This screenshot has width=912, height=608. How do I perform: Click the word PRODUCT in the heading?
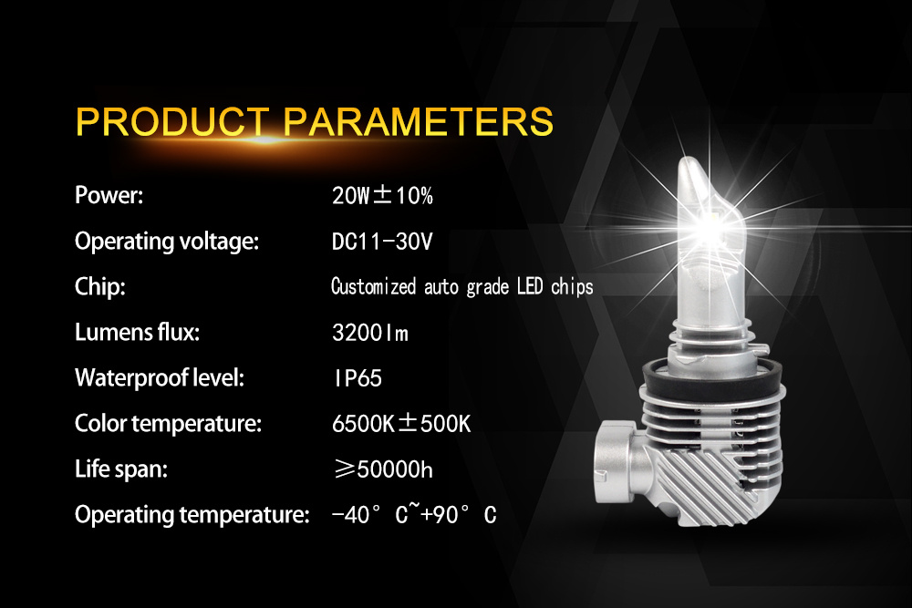coord(172,121)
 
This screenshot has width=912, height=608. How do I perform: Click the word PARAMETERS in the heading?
coord(419,121)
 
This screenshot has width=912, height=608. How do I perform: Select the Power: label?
coord(109,195)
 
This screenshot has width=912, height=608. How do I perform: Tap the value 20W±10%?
coord(382,195)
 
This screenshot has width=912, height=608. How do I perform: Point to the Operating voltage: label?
coord(167,242)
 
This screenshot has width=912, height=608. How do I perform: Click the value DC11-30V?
coord(382,242)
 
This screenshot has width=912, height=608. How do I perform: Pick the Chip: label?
coord(100,286)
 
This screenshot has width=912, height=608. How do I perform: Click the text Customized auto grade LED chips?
coord(461,286)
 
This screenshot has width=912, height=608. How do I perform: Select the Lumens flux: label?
coord(138,332)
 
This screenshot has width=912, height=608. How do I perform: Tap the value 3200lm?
coord(370,333)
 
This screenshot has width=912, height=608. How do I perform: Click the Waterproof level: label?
coord(160,377)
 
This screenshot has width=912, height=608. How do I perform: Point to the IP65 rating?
coord(358,377)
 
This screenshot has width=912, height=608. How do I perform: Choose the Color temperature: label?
coord(168,423)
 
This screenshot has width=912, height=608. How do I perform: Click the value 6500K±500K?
coord(401,423)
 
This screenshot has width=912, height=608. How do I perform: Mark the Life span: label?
coord(121,469)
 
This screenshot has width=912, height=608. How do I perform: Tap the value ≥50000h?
coord(383,469)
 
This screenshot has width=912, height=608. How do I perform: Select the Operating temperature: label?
coord(192,515)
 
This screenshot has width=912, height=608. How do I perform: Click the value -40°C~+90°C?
coord(414,514)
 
